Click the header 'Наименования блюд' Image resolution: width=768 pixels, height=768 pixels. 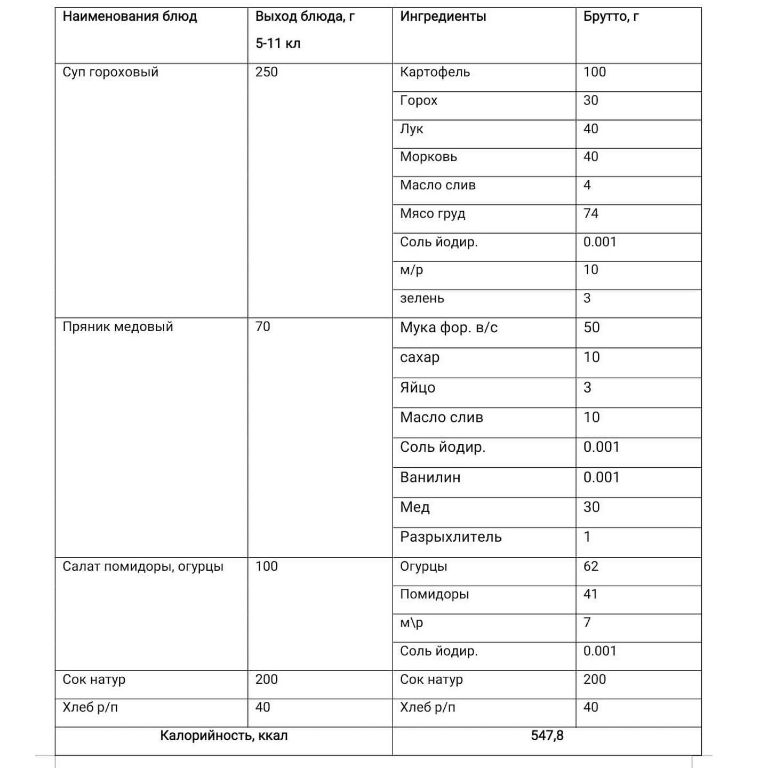130,17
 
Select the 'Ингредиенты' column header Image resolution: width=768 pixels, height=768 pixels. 443,17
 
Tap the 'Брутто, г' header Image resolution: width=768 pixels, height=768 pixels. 611,17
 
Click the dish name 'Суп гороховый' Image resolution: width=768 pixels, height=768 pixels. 110,72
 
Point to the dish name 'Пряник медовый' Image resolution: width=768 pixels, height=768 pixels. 118,326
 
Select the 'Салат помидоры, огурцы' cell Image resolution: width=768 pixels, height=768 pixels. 143,566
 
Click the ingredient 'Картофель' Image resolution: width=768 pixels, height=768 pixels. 435,72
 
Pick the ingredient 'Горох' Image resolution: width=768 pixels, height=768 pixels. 419,100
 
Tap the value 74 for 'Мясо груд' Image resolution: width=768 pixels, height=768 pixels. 591,213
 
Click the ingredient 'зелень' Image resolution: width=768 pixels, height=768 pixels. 422,298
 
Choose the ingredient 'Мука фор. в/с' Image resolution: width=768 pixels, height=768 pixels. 449,327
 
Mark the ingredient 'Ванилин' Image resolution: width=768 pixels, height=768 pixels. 430,477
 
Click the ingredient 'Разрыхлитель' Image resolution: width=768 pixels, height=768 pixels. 451,537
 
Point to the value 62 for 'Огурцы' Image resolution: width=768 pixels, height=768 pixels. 591,566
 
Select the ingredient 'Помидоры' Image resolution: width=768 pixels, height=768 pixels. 434,594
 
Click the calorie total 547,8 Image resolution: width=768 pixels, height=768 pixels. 547,736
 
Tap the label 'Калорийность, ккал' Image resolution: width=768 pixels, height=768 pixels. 223,736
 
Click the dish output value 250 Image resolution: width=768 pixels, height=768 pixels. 266,72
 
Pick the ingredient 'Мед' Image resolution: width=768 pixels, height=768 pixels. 414,507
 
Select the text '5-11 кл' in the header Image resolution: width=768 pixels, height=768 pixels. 278,44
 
